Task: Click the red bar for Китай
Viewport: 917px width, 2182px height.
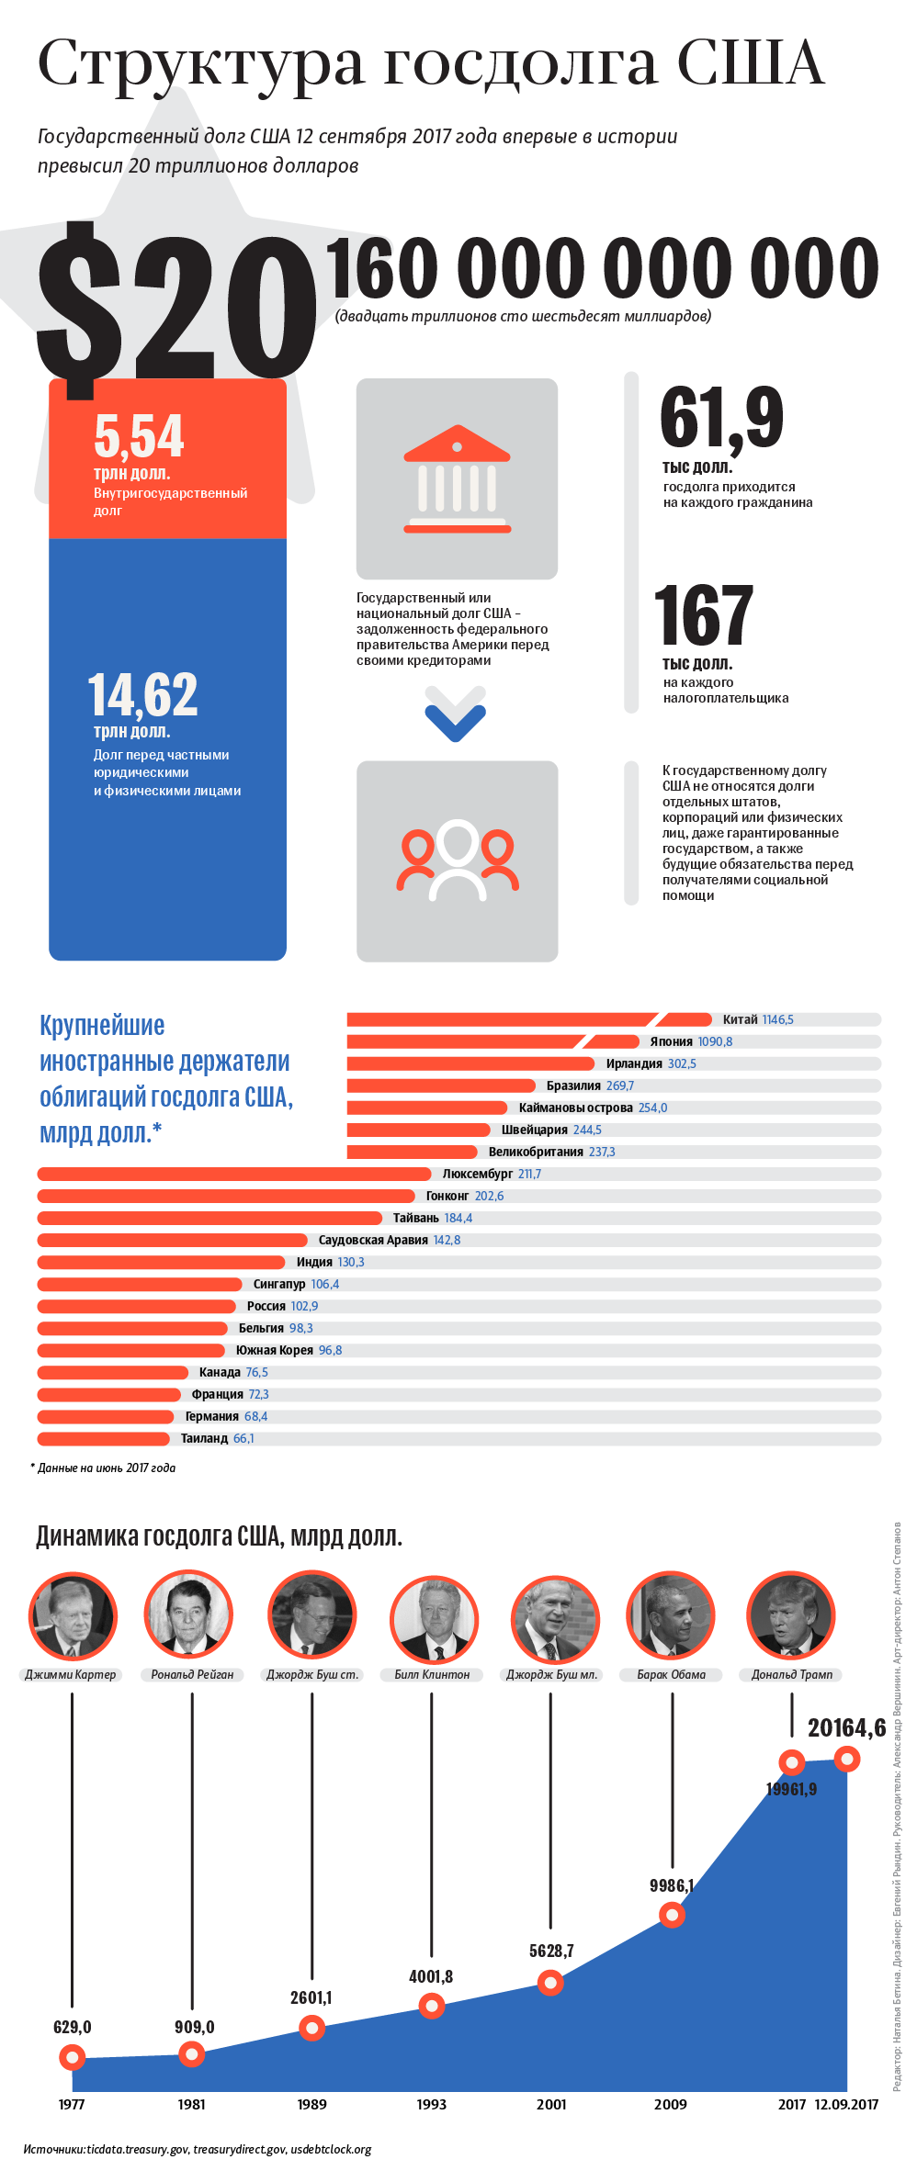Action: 528,1019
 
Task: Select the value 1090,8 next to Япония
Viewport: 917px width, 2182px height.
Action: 715,1041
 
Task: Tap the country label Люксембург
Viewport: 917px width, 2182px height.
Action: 477,1174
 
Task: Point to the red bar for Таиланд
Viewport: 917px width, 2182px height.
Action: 103,1438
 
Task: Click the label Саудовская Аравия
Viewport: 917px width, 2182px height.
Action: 373,1240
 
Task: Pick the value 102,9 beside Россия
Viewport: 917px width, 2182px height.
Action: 304,1306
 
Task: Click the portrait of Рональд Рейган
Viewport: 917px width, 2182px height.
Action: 188,1615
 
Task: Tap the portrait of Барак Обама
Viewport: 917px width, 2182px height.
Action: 671,1615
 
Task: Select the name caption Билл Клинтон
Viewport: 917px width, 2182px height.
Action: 432,1674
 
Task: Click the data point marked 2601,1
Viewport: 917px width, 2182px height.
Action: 311,2028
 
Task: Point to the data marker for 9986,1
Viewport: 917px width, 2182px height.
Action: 672,1915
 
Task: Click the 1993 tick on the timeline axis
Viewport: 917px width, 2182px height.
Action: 431,2104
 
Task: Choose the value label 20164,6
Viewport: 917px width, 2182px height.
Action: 846,1728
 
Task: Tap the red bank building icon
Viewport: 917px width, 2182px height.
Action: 457,478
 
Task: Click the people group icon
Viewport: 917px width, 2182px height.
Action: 457,860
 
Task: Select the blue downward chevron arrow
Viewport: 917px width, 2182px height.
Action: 456,714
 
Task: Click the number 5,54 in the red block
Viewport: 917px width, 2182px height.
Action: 139,436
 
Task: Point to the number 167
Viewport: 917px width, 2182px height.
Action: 704,616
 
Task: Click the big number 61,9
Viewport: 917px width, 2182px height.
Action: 722,418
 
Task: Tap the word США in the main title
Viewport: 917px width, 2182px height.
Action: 751,64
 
